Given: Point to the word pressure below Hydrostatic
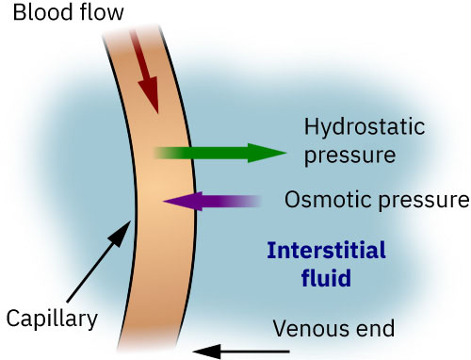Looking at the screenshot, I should [x=343, y=154].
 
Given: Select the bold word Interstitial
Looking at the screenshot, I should [x=326, y=252].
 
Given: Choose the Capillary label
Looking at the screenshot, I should [x=51, y=319].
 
